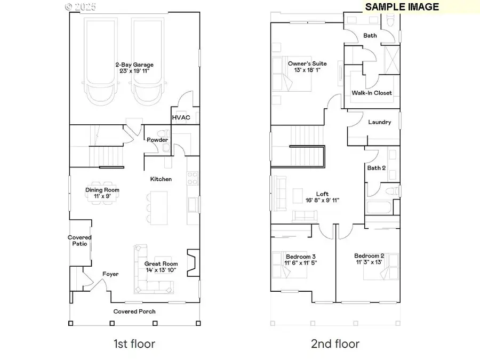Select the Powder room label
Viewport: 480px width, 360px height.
tap(157, 140)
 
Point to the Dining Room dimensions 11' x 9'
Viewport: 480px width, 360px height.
tap(102, 196)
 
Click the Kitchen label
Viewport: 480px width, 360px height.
tap(161, 179)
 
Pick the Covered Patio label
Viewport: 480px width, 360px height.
tap(79, 241)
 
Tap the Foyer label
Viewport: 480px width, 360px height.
tap(110, 274)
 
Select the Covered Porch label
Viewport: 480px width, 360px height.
tap(134, 311)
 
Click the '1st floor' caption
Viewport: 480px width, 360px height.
tap(134, 343)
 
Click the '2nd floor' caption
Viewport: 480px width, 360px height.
tap(335, 343)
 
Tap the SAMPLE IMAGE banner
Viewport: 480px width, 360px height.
tap(402, 7)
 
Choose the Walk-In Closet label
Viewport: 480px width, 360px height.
tap(372, 93)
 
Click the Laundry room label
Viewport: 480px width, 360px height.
tap(380, 122)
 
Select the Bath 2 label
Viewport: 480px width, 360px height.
tap(376, 168)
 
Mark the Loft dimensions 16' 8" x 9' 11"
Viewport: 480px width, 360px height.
tap(322, 201)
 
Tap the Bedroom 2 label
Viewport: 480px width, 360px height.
tap(369, 255)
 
